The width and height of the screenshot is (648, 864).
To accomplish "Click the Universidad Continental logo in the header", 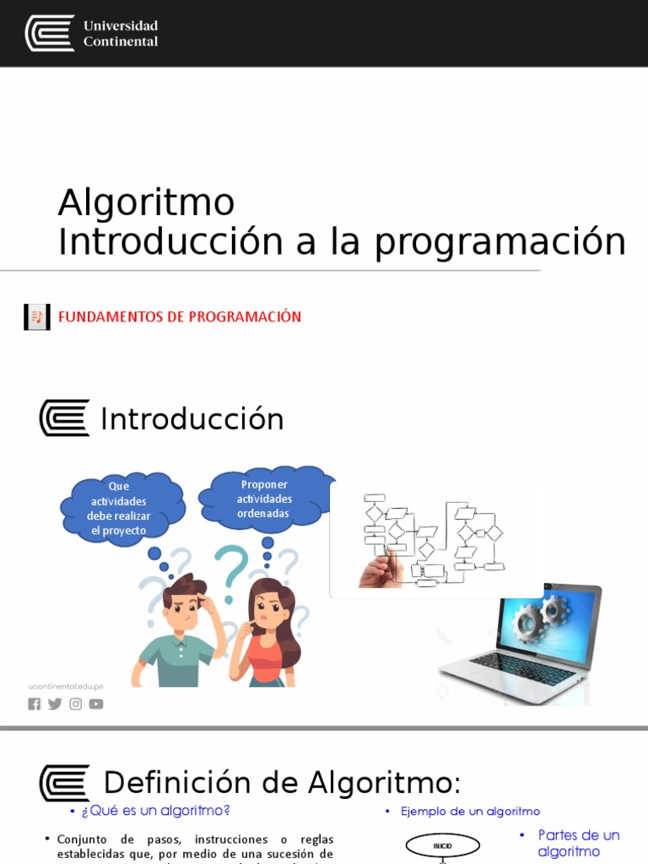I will pos(91,33).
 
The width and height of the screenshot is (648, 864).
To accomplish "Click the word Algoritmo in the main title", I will pos(146,202).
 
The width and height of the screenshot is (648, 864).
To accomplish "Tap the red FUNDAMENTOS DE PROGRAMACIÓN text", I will pos(179,317).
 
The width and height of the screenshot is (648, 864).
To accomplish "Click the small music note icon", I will pos(36,317).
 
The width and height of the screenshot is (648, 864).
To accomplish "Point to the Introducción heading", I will pos(192,419).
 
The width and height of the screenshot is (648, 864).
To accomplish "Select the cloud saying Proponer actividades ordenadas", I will pos(264,499).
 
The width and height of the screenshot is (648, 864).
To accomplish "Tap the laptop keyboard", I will pos(515,672).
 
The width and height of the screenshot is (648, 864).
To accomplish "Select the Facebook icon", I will pos(35,704).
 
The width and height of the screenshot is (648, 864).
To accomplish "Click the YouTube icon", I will pos(96,704).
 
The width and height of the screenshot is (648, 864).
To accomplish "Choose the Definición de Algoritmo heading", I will pos(282,782).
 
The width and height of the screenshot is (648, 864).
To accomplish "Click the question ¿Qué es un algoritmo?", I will pos(155,811).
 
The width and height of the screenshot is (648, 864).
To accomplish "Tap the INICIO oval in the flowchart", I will pos(442,845).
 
